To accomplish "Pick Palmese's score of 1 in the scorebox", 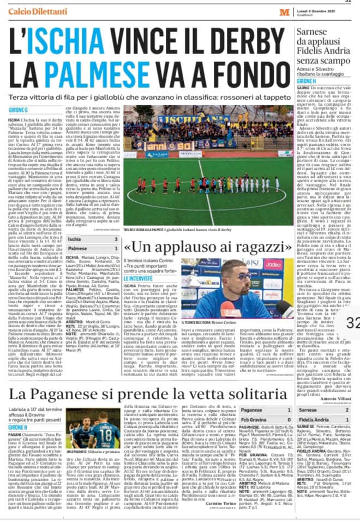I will click(115, 248).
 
